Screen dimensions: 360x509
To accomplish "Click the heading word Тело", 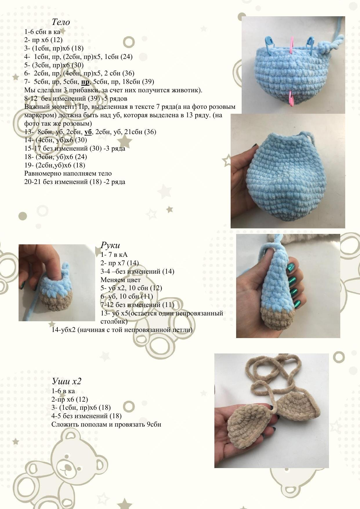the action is click(x=61, y=22).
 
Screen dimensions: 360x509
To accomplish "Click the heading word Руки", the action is click(x=110, y=245).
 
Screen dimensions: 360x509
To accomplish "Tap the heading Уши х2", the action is click(x=67, y=381).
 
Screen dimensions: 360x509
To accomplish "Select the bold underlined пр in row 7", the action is click(x=85, y=82).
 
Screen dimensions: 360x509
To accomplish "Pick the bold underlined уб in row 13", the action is click(x=88, y=132).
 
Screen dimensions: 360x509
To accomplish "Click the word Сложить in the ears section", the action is click(x=64, y=425).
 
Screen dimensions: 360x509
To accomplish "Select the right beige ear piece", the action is click(x=299, y=405).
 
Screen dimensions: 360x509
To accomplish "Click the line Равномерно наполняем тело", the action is click(x=68, y=174).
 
